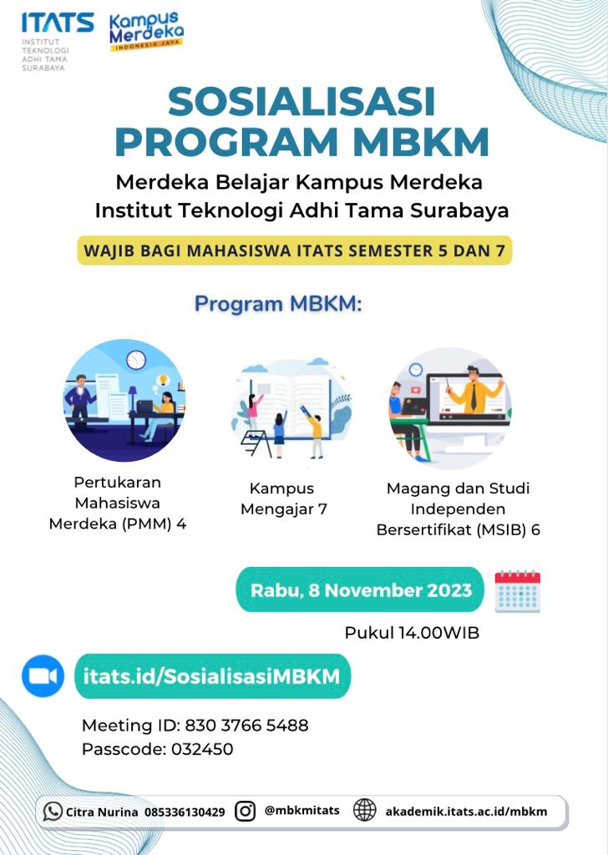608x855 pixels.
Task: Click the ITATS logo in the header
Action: click(x=57, y=42)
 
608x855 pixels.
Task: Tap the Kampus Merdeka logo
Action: click(x=146, y=31)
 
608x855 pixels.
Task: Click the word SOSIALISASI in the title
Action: click(x=301, y=101)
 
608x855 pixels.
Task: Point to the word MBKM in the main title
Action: click(x=420, y=142)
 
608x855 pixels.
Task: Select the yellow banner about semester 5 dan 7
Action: click(x=295, y=250)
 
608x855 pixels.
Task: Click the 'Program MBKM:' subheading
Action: click(x=278, y=304)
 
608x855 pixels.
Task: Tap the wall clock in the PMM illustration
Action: click(x=136, y=360)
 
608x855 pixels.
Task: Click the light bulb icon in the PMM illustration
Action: click(x=162, y=380)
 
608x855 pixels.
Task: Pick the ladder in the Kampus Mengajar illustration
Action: click(x=256, y=443)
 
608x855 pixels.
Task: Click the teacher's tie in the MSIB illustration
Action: click(x=474, y=397)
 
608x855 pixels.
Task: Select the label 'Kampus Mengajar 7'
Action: click(x=284, y=498)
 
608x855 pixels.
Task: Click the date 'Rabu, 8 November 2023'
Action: click(x=361, y=590)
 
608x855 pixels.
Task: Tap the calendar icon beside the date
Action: click(x=518, y=591)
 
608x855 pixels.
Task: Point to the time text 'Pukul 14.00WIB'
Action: click(x=412, y=633)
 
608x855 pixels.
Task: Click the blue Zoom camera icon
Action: click(x=43, y=676)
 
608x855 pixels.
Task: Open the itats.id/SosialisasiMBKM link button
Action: click(x=212, y=676)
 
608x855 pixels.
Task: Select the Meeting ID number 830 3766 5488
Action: click(x=246, y=726)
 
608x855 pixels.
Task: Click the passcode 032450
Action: click(x=202, y=749)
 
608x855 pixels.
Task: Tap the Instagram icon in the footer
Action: click(x=245, y=812)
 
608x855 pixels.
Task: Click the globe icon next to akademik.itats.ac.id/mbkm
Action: click(x=365, y=810)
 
